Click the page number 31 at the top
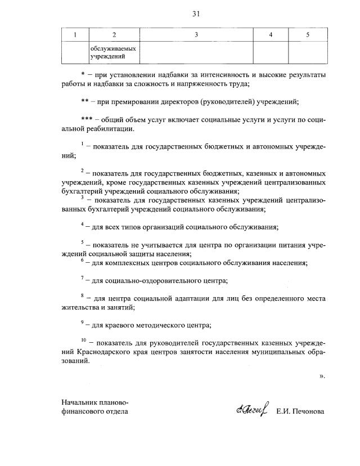tap(196, 14)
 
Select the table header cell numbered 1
tap(75, 35)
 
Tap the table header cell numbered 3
tap(196, 35)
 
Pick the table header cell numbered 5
tap(307, 35)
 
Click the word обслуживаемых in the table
tap(113, 48)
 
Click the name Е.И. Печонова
tap(300, 411)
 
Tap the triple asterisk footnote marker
tap(88, 120)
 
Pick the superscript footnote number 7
tap(82, 277)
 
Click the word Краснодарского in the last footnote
tap(102, 352)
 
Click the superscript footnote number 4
tap(82, 225)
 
